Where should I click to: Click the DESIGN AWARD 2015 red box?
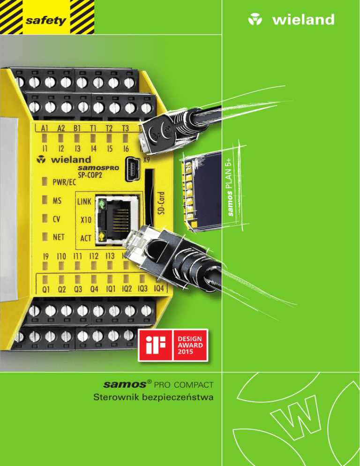(x=189, y=346)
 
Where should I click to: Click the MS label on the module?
(x=57, y=201)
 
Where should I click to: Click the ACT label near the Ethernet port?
(x=85, y=238)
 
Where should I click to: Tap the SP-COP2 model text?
(x=91, y=173)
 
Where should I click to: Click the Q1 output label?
(x=47, y=289)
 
